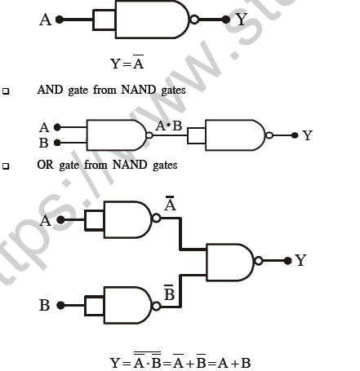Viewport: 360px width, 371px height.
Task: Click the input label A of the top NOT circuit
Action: [x=45, y=19]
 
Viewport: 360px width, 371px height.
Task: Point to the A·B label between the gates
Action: [x=170, y=126]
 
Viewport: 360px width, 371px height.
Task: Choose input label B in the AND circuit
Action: [x=44, y=143]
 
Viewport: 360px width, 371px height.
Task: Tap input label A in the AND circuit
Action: [x=44, y=127]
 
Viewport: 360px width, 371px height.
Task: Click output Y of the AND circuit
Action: [x=307, y=135]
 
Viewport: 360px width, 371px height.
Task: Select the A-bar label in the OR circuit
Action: [x=170, y=206]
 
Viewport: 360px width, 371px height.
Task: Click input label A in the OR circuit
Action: [x=46, y=220]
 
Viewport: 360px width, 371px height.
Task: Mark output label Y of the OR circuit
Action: [x=300, y=260]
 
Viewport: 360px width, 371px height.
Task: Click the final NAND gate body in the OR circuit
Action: [x=230, y=260]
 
